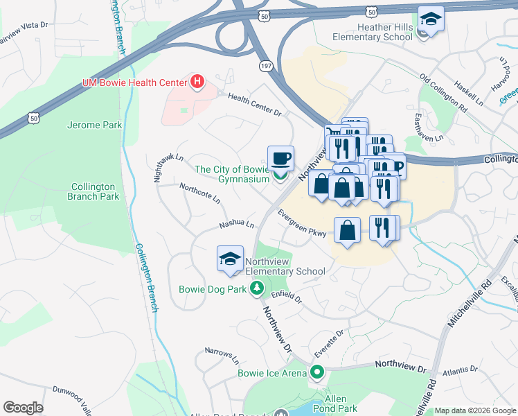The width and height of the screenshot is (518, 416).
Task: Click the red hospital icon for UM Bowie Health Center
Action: point(198,83)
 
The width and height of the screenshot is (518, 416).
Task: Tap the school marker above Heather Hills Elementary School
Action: point(431,19)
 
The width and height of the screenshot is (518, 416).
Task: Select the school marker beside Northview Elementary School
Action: point(230,259)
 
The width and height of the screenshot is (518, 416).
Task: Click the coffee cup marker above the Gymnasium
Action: point(280,159)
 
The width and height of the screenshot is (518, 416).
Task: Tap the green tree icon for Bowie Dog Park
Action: point(257,288)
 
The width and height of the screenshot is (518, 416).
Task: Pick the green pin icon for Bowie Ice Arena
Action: point(317,373)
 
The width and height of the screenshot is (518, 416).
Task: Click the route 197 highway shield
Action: point(266,65)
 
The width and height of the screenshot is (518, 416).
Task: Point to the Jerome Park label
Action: point(94,125)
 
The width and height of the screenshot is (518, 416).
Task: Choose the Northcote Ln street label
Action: point(199,193)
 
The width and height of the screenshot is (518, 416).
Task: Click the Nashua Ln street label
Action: point(237,225)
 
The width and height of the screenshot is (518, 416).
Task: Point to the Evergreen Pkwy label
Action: point(301,223)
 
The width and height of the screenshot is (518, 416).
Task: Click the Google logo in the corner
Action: point(23,408)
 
